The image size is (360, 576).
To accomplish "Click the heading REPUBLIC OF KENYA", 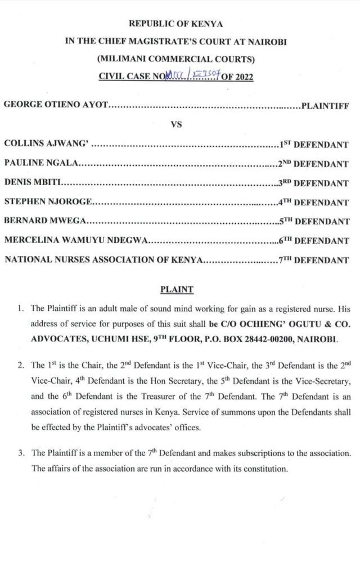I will click(176, 24).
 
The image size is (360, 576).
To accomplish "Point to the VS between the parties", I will click(175, 124).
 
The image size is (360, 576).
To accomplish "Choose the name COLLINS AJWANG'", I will click(45, 144).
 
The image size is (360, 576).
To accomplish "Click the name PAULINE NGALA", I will click(40, 164).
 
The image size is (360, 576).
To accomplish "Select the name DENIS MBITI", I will click(33, 183).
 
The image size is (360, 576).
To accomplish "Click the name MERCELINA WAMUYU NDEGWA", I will click(75, 241).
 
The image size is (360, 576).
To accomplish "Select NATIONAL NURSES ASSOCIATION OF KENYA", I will click(103, 260).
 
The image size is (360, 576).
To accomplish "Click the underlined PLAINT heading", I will click(177, 290).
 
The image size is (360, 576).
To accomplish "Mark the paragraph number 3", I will click(20, 453).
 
